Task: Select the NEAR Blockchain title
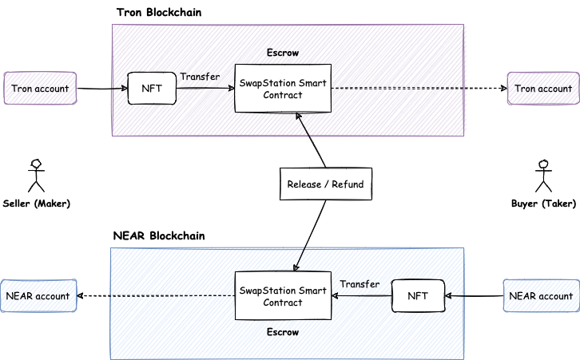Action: point(159,236)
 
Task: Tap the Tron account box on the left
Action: point(39,89)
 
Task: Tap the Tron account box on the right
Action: point(542,89)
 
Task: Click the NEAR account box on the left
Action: point(39,296)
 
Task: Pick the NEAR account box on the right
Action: point(542,296)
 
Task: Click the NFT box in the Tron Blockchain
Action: point(152,89)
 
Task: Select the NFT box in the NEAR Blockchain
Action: point(418,296)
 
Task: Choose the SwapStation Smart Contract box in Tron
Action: point(282,89)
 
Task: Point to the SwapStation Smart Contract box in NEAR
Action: point(282,296)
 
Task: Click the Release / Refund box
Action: point(325,184)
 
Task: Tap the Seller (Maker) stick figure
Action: point(34,175)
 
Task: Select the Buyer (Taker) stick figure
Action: point(543,175)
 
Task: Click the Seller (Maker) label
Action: point(37,204)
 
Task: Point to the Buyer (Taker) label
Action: point(543,204)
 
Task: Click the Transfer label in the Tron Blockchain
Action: point(200,77)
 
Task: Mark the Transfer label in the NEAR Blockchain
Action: point(360,284)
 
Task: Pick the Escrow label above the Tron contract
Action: point(282,53)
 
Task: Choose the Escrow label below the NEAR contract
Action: point(282,331)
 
